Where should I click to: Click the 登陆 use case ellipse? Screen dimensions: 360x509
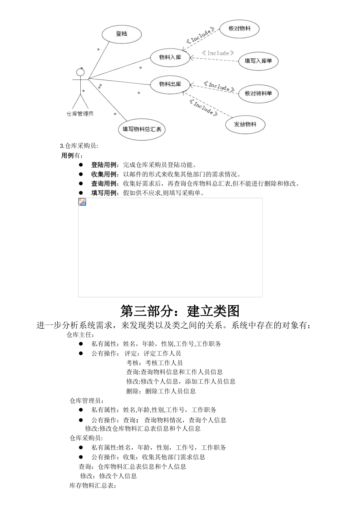[122, 34]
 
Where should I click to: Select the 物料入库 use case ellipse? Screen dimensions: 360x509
[170, 58]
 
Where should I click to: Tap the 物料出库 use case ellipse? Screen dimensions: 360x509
[170, 84]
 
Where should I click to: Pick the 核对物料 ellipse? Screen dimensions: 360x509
[239, 29]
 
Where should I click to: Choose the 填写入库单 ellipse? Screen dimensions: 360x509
[258, 61]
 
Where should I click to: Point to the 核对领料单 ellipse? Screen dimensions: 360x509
[258, 94]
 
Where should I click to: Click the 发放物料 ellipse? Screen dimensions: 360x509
[245, 125]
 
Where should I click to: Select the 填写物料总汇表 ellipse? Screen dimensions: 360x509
[142, 129]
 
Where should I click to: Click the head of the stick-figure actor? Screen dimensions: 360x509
[80, 72]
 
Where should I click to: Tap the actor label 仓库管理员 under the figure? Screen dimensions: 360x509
[80, 114]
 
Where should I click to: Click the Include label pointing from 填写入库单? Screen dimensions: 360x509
[218, 53]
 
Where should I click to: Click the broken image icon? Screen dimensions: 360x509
[82, 202]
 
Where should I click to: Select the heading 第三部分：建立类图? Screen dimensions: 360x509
[180, 311]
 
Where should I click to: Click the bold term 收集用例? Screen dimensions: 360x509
[104, 174]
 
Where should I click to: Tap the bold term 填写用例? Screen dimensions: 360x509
[104, 193]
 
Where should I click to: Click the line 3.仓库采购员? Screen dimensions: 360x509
[79, 146]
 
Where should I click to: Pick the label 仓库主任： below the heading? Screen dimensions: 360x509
[80, 334]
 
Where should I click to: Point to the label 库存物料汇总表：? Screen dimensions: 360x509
[93, 486]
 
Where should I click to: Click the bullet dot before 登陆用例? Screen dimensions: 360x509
[81, 165]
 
